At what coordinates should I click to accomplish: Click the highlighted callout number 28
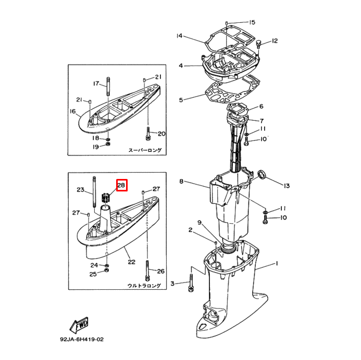121,185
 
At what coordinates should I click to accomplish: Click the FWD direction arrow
79,325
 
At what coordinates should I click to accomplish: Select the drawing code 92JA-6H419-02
82,339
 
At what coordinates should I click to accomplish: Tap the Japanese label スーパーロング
145,150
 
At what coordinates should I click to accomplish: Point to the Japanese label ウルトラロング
144,286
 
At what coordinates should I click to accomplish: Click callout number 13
287,186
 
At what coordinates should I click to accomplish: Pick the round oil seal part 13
262,174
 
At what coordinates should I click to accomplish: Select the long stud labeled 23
94,192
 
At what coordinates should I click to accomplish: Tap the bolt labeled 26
147,271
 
